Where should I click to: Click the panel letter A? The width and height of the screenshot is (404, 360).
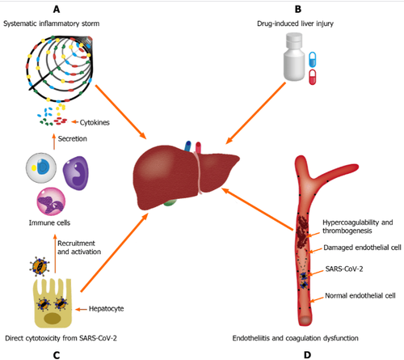point(57,10)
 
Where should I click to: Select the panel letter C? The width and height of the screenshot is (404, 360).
point(57,350)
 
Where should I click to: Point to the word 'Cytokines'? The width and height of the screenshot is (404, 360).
point(95,123)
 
